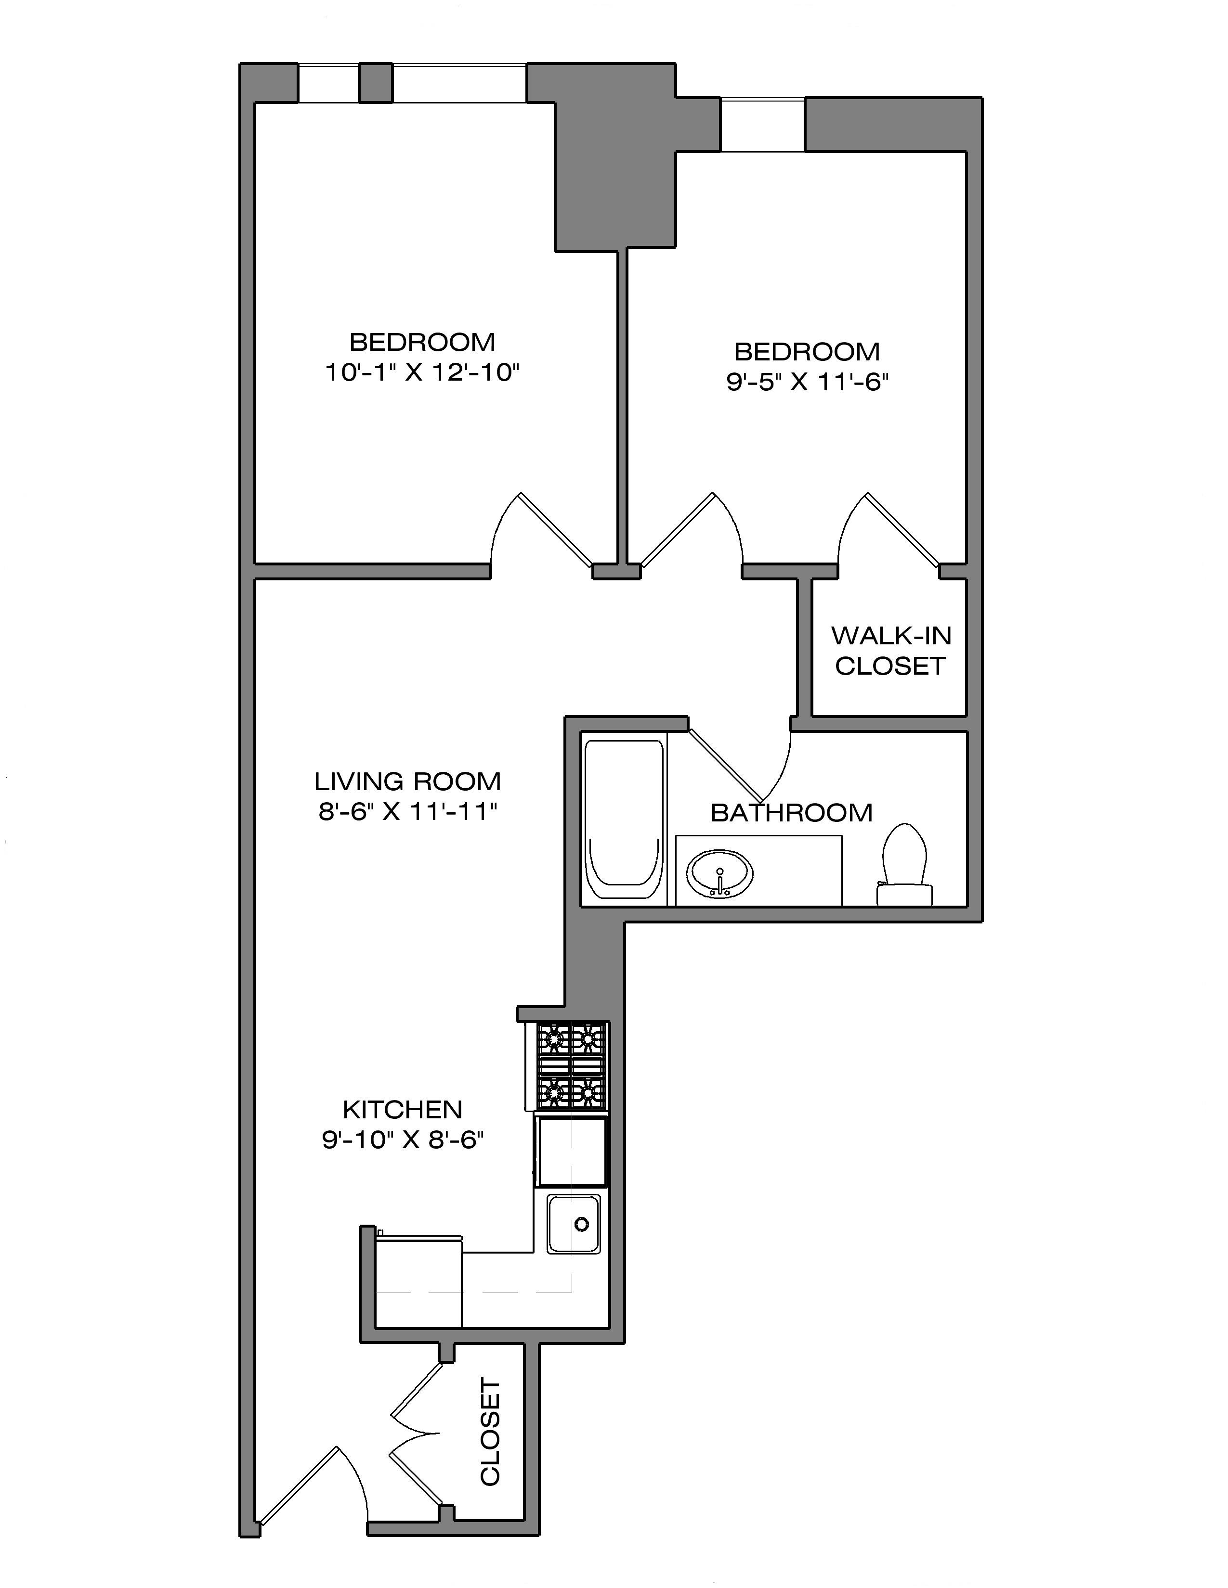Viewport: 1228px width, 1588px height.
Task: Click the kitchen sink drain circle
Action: click(581, 1225)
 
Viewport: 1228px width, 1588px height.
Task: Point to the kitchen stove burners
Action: click(571, 1065)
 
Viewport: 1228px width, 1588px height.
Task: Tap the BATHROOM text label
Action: click(792, 812)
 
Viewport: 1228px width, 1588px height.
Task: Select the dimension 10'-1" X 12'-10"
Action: click(422, 373)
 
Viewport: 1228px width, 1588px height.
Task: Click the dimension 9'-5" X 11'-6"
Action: click(808, 383)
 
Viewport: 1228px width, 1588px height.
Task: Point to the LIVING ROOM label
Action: click(407, 781)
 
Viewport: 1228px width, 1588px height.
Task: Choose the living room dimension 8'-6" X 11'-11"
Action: click(407, 811)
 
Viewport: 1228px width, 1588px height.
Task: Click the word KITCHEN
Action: click(402, 1110)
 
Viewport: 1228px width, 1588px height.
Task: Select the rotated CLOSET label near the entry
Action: click(490, 1433)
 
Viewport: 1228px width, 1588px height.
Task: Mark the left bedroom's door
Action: click(546, 531)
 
